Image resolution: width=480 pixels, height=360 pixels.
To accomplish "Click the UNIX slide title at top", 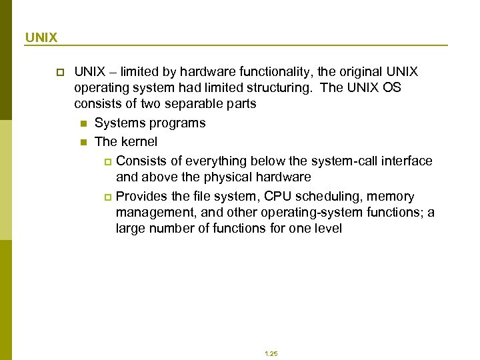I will click(41, 37).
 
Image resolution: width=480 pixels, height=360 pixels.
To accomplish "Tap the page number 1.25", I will click(271, 354).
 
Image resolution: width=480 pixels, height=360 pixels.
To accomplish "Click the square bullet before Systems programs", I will click(83, 123).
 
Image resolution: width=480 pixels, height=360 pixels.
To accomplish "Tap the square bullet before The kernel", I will click(83, 142).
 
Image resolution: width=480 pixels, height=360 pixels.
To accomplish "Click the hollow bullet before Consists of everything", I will click(109, 161).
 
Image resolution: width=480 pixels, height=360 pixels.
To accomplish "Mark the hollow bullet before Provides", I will click(109, 197).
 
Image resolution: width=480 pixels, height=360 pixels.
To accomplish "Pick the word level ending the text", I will click(327, 229).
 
